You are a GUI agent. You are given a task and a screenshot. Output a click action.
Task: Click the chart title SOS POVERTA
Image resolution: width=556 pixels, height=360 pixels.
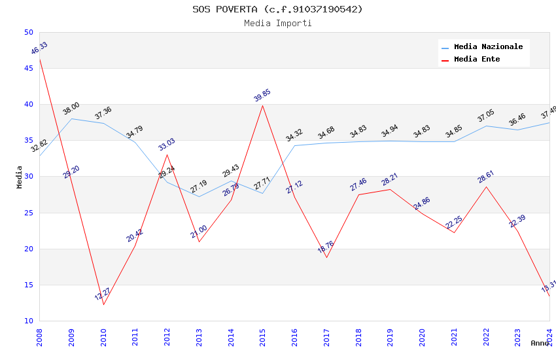click(277, 9)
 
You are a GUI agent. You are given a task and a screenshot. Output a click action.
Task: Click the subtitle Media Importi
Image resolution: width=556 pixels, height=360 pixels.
click(277, 24)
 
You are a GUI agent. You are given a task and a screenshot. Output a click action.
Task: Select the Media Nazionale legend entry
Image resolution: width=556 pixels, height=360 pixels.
click(488, 47)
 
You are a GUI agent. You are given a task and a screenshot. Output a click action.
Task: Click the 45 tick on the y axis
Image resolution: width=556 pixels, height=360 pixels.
click(28, 69)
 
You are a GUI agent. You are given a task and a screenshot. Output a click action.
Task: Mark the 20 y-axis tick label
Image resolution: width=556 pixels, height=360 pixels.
click(28, 249)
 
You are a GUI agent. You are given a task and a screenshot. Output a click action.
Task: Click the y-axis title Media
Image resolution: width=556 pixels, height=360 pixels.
click(20, 177)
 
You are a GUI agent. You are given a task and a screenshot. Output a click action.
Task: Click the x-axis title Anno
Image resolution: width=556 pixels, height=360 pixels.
click(540, 343)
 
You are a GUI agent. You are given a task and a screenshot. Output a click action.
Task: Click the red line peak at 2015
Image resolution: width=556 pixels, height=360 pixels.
click(262, 105)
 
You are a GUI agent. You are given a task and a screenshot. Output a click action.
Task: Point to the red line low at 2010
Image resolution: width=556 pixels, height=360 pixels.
click(103, 304)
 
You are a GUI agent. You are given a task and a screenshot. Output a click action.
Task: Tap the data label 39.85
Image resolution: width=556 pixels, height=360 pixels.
click(262, 96)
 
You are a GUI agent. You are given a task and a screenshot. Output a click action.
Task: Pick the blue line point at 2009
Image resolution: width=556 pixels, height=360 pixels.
click(71, 118)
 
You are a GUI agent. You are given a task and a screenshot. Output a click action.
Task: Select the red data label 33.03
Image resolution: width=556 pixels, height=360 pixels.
click(167, 145)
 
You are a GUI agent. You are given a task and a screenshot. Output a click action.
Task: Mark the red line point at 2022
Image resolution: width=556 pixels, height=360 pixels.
click(486, 187)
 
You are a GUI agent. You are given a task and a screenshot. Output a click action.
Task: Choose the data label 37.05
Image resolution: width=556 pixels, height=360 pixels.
click(486, 116)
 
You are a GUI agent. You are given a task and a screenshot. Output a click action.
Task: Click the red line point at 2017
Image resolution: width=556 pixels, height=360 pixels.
click(326, 257)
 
